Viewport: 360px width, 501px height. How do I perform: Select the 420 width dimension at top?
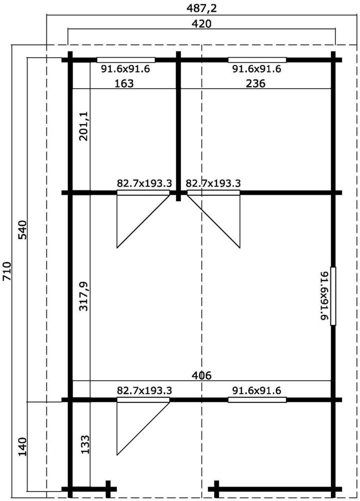[201, 24]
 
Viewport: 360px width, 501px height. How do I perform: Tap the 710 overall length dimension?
[7, 271]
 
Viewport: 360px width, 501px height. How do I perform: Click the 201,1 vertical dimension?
[84, 126]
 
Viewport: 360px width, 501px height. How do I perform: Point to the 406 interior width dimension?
[202, 375]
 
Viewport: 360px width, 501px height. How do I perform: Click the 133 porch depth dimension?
[85, 444]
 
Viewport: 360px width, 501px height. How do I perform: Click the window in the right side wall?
[333, 296]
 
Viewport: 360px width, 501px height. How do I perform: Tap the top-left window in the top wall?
[126, 60]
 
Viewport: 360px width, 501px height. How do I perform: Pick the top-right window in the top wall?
[257, 60]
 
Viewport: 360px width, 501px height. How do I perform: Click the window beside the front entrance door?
[257, 399]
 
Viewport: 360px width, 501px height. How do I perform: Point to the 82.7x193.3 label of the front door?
[144, 390]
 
